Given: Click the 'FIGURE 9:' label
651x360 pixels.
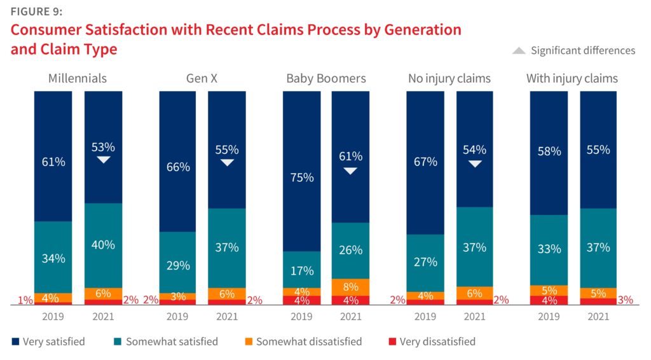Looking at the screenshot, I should coord(36,11).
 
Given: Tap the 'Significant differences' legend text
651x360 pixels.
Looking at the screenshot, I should coord(583,50).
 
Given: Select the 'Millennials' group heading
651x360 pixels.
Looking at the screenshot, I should coord(78,79).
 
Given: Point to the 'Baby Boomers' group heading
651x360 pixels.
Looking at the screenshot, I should coord(326,79).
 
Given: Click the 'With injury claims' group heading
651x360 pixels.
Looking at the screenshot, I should coord(572,79).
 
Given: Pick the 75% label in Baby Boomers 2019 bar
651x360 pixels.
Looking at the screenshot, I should coord(302,177).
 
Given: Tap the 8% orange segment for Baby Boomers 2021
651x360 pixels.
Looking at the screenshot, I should coord(350,287).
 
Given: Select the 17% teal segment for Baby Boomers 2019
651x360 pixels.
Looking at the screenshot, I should coord(302,270).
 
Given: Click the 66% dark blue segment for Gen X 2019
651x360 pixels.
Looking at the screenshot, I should coord(177,167).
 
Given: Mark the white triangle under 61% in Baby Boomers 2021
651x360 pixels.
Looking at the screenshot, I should coord(350,170).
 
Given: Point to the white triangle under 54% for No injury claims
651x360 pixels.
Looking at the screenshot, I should coord(474,164).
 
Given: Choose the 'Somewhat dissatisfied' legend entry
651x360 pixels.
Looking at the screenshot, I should coord(309,342).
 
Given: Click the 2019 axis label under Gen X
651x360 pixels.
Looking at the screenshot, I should coord(177,317).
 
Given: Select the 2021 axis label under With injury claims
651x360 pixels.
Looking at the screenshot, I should coord(598,317).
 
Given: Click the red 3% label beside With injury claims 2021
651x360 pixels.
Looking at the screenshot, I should coord(626,300).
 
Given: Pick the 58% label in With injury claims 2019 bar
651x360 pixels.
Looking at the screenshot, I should coord(549,151).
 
